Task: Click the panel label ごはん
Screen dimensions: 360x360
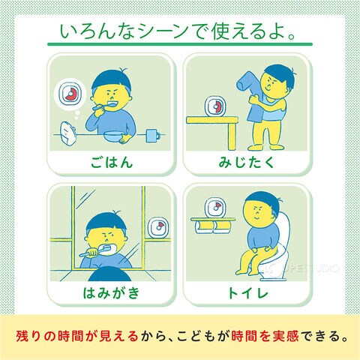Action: point(112,162)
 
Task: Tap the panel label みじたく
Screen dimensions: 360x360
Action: point(246,162)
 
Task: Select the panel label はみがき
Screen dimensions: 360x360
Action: point(111,292)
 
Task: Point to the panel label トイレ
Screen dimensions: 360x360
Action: point(247,292)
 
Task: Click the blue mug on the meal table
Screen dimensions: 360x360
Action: point(153,136)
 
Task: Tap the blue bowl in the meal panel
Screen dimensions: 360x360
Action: point(112,136)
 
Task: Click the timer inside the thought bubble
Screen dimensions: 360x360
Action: point(70,94)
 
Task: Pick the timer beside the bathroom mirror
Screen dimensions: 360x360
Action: point(158,228)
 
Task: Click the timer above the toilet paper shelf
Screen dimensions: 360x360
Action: point(215,207)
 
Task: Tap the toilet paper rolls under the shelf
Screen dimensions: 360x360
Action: point(212,227)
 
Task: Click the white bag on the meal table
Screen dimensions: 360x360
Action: point(67,133)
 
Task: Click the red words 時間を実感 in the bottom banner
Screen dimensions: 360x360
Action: point(265,336)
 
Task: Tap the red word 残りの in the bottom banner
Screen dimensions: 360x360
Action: point(35,336)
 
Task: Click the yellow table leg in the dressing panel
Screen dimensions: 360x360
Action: point(232,136)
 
